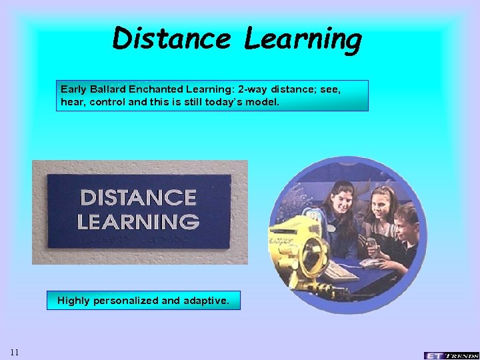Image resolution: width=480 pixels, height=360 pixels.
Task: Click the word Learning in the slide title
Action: pos(303,40)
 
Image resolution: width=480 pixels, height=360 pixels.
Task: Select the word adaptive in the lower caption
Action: pos(204,301)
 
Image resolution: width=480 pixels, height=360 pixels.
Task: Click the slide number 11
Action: pos(15,352)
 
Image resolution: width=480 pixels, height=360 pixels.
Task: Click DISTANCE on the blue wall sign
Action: pos(139,197)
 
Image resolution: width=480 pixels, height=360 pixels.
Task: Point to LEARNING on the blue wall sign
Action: pos(138,221)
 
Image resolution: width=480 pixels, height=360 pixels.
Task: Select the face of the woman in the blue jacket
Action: pos(339,200)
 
